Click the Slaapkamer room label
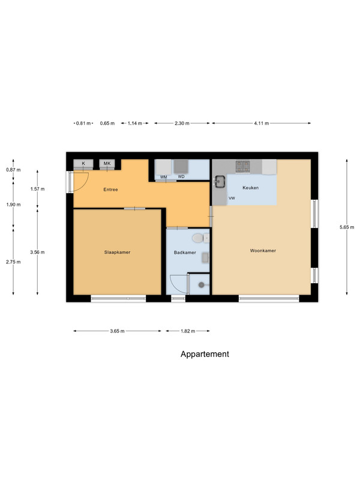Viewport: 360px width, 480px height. pos(117,252)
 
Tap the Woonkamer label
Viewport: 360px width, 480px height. pos(263,250)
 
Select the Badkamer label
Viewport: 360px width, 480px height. pos(185,253)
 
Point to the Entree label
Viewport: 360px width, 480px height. pos(110,190)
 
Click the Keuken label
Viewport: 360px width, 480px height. pos(250,188)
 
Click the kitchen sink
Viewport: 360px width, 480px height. pos(220,181)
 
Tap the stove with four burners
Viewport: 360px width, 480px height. pos(242,166)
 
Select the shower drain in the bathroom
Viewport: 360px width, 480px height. pos(201,285)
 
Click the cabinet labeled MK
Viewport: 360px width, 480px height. pos(107,164)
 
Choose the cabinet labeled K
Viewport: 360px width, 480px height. pos(83,164)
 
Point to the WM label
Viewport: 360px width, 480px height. pos(163,177)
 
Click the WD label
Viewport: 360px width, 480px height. pos(181,176)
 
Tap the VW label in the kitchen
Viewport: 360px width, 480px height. pos(232,199)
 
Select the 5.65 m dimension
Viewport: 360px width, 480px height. pos(347,227)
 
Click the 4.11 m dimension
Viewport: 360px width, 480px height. pos(262,124)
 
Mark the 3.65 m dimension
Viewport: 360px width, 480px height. pos(117,331)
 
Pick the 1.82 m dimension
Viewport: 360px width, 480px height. pos(188,331)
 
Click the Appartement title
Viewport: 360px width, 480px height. pos(205,354)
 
